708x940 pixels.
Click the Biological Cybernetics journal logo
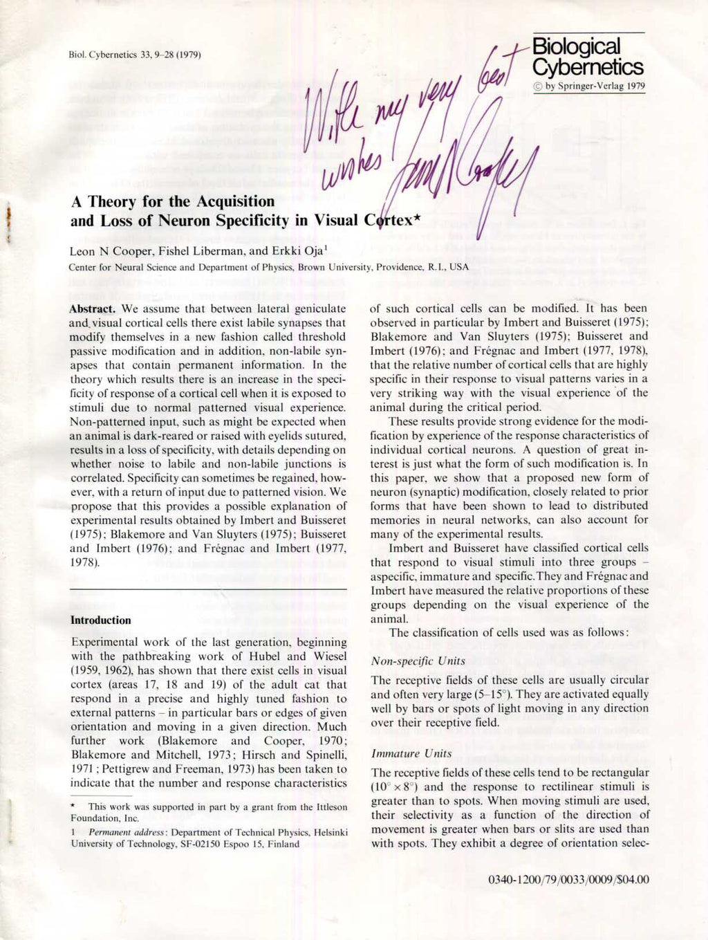[588, 57]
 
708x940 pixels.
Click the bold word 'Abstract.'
[95, 308]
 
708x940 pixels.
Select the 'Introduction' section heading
[101, 620]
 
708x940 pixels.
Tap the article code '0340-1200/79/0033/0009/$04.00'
[568, 880]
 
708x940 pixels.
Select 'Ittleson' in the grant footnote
[334, 807]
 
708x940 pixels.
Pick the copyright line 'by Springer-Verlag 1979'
[595, 86]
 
